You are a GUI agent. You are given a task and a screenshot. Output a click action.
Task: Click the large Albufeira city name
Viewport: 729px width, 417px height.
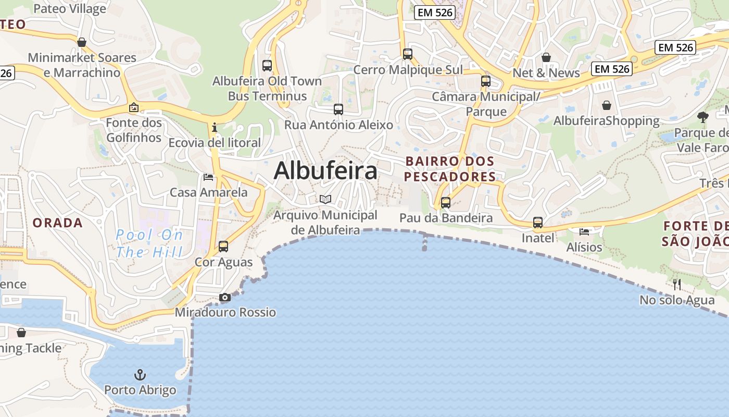(x=325, y=170)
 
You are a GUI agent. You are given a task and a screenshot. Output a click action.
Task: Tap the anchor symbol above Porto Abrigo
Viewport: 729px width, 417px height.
(x=140, y=374)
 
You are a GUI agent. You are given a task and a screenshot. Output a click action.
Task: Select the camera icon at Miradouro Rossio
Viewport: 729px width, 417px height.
(x=225, y=297)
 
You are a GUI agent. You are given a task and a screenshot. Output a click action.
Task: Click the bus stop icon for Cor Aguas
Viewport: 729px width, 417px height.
(x=223, y=246)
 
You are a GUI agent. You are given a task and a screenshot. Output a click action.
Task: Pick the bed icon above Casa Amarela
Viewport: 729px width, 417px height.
(x=208, y=177)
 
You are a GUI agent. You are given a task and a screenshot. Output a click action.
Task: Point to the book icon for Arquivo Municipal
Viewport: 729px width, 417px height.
(x=325, y=199)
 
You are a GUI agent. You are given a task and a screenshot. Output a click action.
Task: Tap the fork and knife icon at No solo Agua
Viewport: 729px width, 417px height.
(x=677, y=284)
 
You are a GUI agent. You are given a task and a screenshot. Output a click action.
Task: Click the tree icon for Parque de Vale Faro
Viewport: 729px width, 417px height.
(x=703, y=117)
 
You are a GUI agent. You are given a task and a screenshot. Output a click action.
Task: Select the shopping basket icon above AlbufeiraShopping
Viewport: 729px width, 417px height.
(x=607, y=105)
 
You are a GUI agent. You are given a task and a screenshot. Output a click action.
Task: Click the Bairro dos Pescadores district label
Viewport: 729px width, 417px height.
(x=450, y=169)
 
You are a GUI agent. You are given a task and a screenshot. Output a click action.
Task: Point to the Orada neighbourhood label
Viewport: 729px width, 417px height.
(x=58, y=223)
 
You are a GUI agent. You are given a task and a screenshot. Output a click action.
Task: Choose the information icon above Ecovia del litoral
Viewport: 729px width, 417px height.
(x=214, y=127)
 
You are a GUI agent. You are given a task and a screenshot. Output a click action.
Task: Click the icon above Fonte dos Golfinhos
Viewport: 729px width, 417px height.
(x=134, y=108)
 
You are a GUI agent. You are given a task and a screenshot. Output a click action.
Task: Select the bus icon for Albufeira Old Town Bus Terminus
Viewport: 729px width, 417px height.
(x=267, y=66)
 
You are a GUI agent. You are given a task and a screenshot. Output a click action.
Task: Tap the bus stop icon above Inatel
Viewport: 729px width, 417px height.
(x=538, y=223)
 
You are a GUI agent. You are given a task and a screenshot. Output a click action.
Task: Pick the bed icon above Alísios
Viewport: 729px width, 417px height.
(x=584, y=231)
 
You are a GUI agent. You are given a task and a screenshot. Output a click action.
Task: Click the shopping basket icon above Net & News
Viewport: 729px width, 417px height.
(x=546, y=57)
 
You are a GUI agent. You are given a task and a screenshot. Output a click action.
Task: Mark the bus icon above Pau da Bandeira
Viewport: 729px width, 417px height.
(x=446, y=203)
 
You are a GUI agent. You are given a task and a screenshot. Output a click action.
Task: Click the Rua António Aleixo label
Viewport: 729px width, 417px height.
(x=338, y=125)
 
